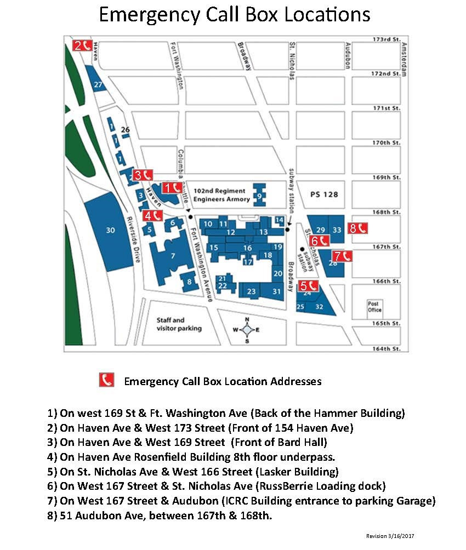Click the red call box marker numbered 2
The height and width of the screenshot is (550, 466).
(x=82, y=46)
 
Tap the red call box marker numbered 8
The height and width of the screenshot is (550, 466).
(x=358, y=228)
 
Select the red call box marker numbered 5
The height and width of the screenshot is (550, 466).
(x=308, y=285)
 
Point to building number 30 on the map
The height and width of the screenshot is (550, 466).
(x=110, y=231)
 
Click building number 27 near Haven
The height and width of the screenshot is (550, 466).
(x=98, y=85)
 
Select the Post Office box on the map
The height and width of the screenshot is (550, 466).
(x=374, y=307)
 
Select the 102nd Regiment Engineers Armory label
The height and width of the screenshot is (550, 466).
(x=216, y=196)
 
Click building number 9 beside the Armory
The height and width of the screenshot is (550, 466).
(x=259, y=196)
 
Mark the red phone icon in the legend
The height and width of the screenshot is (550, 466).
(x=106, y=380)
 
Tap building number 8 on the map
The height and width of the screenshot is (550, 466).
(x=189, y=282)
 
